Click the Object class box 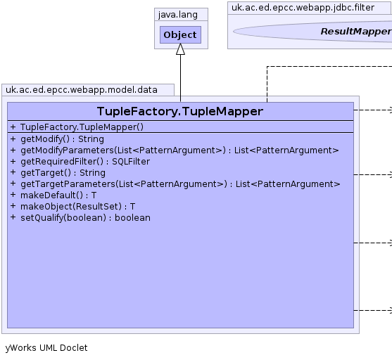tap(180, 34)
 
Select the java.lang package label tap(178, 15)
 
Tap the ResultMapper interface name tap(356, 32)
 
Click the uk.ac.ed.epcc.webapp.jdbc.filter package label tap(303, 8)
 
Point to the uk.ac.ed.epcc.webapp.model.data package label tap(82, 90)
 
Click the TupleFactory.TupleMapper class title tap(180, 111)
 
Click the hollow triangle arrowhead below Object tap(180, 49)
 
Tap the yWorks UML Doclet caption tap(46, 348)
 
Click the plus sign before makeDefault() tap(13, 195)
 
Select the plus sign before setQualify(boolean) tap(13, 217)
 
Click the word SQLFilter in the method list tap(131, 162)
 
